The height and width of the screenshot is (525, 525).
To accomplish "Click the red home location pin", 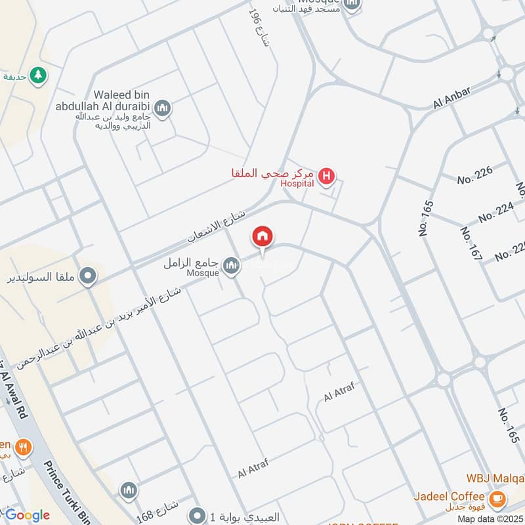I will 263,237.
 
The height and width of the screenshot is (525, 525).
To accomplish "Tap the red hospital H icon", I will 326,176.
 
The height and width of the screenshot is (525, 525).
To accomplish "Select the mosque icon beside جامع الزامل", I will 230,265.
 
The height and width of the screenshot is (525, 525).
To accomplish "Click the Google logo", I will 26,515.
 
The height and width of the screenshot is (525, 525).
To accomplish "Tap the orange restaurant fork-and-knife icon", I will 24,448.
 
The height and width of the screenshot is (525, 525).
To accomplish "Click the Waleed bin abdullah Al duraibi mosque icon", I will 162,108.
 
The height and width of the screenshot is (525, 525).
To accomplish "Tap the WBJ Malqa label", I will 495,477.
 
